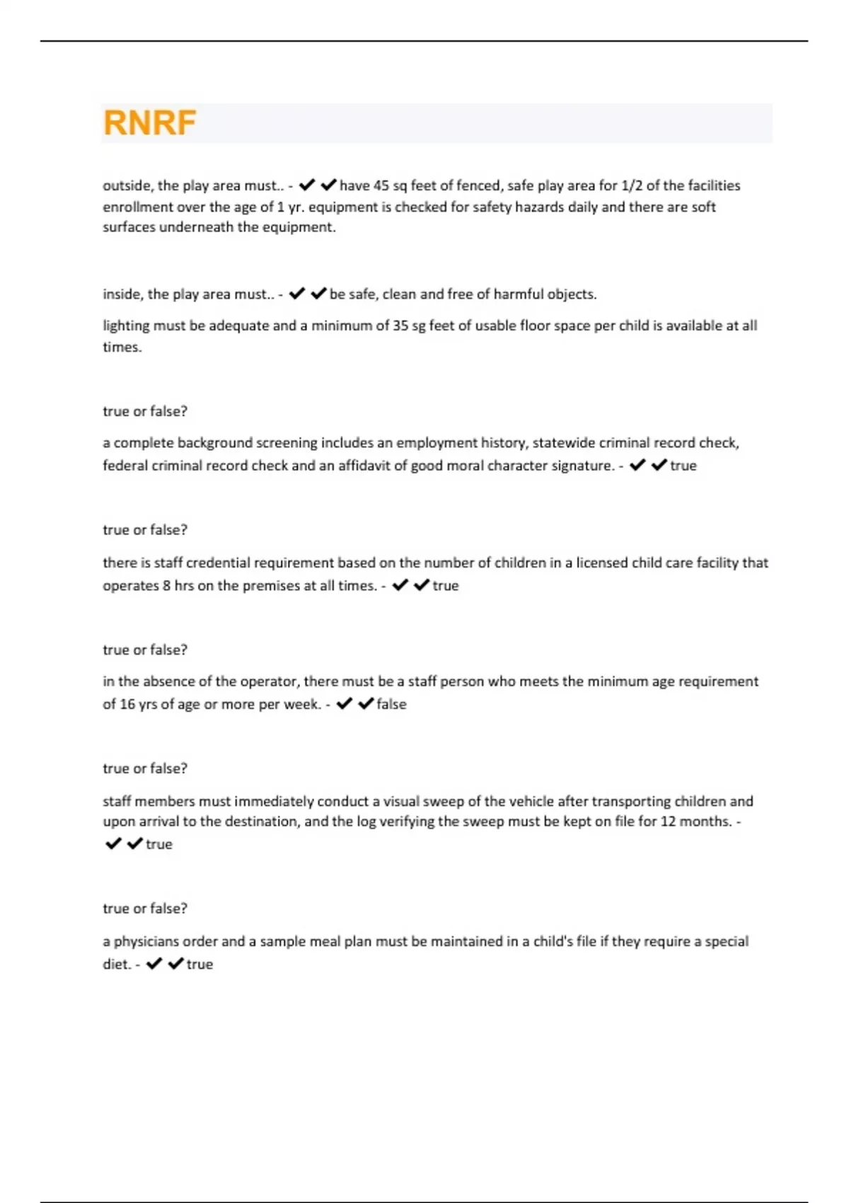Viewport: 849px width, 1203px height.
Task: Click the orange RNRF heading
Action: coord(149,123)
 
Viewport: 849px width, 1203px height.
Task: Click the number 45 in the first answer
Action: coord(381,185)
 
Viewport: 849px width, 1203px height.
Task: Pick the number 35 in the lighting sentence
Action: coord(402,326)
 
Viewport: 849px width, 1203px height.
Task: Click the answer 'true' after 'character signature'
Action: coord(683,466)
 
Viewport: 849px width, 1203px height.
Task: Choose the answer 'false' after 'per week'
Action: coord(391,704)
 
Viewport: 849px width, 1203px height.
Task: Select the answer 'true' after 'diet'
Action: coord(200,965)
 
